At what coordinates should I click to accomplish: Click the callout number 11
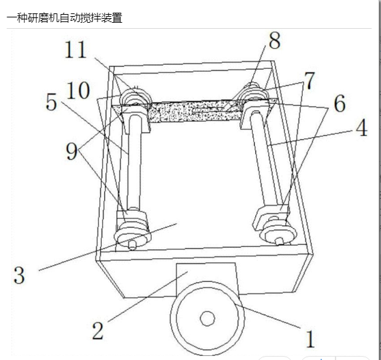point(76,50)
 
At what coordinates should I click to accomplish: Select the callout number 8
point(275,41)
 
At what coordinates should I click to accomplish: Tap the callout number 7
point(309,81)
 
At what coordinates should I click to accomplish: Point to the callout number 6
point(340,103)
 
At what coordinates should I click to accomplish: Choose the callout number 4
point(362,127)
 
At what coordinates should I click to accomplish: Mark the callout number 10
point(78,90)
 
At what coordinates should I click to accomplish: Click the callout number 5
point(51,102)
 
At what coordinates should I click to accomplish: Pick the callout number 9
point(72,151)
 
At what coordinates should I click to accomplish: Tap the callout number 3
point(19,275)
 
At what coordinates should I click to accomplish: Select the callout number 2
point(98,331)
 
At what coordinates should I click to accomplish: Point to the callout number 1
point(310,339)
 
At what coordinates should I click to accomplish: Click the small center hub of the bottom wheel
point(207,318)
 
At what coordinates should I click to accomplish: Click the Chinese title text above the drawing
point(65,18)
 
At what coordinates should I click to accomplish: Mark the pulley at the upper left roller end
point(136,98)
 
